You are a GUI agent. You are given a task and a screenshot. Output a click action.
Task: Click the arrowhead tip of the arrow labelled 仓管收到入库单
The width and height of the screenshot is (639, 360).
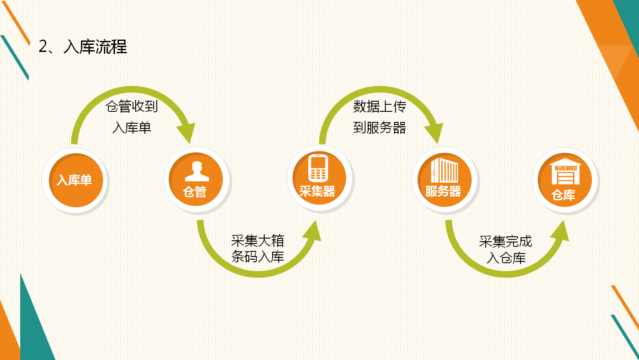(190, 144)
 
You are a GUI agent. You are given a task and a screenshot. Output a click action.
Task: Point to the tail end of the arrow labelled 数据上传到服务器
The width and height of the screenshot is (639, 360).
(322, 144)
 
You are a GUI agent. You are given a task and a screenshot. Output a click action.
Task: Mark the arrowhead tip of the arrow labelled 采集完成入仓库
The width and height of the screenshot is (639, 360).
(564, 220)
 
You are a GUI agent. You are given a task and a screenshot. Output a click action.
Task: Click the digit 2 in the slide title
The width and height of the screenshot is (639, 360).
(43, 46)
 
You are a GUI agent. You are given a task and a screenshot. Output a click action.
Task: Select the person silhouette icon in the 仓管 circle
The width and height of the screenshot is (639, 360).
(197, 171)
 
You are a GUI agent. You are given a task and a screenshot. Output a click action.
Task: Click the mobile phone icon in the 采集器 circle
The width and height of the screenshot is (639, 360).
(318, 168)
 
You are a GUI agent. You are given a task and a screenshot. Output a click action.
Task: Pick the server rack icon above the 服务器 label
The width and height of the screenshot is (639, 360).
(444, 170)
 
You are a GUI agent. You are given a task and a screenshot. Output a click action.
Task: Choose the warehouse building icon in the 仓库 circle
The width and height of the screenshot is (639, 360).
(565, 172)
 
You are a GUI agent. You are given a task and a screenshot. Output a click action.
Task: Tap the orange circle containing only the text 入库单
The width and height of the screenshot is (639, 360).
(76, 180)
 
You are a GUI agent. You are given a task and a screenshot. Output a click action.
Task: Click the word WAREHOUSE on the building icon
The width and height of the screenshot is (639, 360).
(566, 168)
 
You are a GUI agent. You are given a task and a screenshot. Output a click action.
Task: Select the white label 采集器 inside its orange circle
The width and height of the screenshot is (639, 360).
(317, 191)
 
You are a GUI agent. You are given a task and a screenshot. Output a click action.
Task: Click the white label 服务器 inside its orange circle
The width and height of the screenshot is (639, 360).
(443, 191)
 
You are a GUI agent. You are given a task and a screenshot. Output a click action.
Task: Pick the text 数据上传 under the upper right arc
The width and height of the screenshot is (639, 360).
(380, 107)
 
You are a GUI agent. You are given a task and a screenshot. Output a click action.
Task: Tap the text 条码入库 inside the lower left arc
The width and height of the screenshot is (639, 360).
(258, 257)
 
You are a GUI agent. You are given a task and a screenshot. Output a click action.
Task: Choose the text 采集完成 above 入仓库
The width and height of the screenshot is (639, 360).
(506, 242)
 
